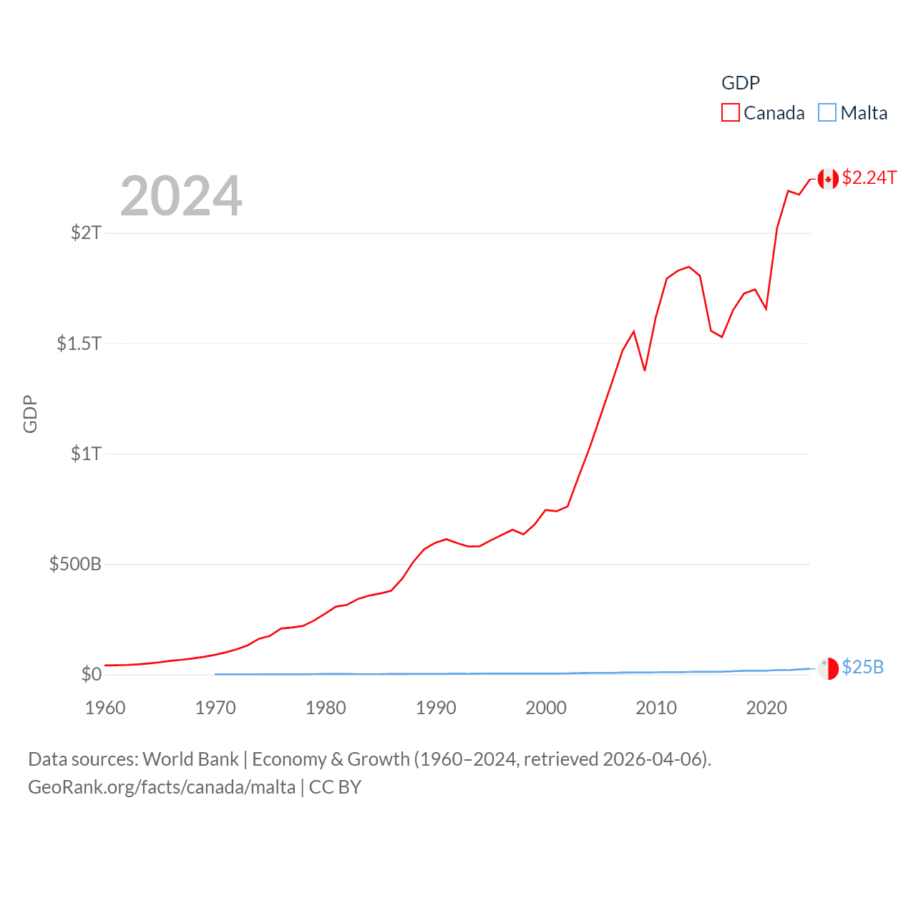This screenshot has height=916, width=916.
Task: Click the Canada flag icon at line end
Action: tap(828, 179)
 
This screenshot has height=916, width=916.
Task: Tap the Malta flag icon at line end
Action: tap(828, 668)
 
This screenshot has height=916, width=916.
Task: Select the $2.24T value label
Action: tap(869, 177)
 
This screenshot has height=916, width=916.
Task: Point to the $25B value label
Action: tap(862, 667)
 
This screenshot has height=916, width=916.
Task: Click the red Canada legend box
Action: tap(730, 113)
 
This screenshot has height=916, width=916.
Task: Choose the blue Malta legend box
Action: tap(827, 113)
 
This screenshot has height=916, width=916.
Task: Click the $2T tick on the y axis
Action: tap(86, 233)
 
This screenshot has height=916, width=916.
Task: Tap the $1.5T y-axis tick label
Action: tap(79, 343)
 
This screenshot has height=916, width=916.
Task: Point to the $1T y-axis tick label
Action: tap(86, 454)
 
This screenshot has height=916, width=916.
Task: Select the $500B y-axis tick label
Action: tap(75, 564)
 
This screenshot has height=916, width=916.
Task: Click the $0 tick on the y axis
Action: tap(91, 674)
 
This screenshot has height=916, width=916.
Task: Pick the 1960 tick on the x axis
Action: tap(105, 708)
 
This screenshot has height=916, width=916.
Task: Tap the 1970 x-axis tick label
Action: tap(215, 708)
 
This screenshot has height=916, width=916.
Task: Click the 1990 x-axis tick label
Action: tap(436, 708)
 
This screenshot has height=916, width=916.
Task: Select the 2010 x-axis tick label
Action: tap(656, 708)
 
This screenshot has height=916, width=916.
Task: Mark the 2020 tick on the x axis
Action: tap(766, 708)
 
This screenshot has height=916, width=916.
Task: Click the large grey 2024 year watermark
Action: tap(181, 196)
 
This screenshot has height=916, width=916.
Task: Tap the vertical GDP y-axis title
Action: tap(30, 414)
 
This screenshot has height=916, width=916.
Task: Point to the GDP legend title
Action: tap(741, 83)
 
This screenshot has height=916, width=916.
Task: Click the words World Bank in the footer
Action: tap(190, 759)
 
